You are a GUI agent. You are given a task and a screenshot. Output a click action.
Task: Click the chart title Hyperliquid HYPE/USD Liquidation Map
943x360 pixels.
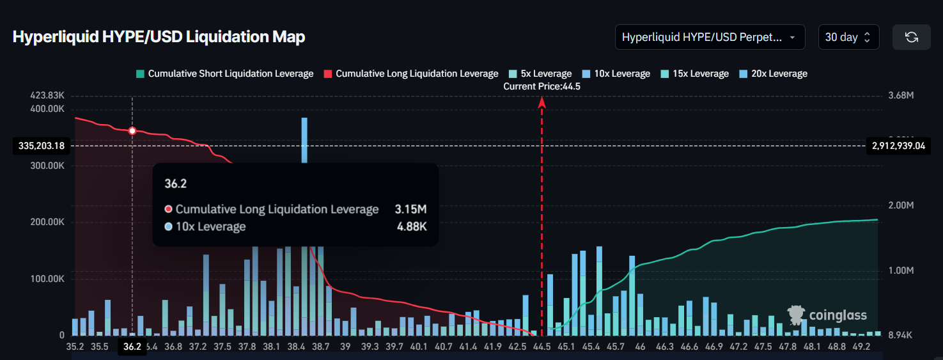159,37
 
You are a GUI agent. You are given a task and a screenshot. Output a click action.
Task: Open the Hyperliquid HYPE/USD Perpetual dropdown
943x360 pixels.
710,37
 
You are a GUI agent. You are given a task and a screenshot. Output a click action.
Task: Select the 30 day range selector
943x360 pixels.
848,37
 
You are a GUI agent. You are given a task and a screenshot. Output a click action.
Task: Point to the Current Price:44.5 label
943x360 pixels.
542,86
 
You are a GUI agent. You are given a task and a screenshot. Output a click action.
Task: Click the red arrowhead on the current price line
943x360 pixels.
542,101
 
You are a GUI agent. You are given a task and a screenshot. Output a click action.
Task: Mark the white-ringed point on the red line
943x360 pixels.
132,130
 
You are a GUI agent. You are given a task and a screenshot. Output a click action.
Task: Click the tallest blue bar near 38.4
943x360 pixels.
304,139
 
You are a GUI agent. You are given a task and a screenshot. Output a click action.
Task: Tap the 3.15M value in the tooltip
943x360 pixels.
411,209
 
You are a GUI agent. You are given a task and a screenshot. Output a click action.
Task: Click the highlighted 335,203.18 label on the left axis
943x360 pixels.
42,146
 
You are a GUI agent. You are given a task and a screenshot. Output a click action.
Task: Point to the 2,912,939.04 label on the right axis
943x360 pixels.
898,146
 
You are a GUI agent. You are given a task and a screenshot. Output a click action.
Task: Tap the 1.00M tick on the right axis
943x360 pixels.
901,270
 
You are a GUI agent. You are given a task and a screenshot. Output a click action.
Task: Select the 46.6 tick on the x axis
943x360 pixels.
689,346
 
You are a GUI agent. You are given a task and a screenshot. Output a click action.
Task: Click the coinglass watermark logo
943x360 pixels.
827,315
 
